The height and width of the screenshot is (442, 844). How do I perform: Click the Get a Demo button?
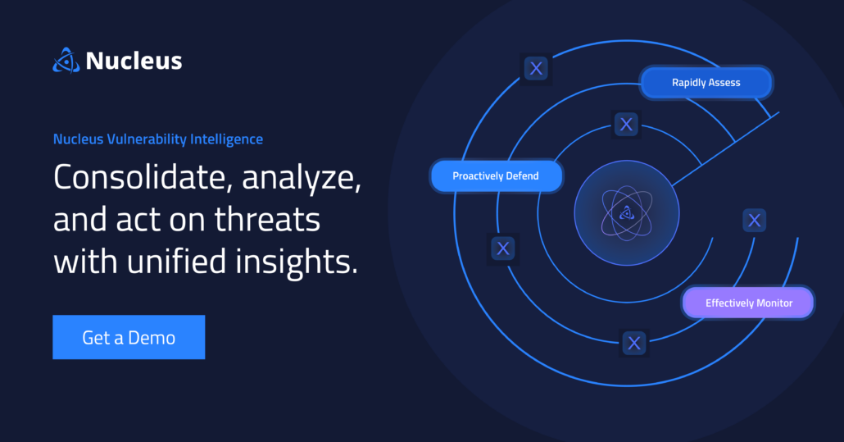pos(129,337)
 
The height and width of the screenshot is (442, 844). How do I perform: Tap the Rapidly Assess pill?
pos(706,83)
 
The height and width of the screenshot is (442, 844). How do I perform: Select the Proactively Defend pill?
pos(497,176)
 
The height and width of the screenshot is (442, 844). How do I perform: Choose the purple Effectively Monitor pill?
pos(748,303)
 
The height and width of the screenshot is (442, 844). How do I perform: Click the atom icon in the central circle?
pos(626,213)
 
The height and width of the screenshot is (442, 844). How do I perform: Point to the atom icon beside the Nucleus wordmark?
pos(66,61)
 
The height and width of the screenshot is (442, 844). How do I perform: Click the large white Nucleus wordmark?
pos(134,61)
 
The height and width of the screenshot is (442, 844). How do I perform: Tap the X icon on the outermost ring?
pos(536,68)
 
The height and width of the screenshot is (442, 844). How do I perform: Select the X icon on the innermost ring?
pos(627,125)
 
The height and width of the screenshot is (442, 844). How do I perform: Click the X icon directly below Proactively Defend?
pos(502,248)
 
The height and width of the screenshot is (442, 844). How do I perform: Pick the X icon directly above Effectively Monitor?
pos(755,220)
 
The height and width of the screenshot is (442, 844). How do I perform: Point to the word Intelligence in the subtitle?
pos(226,139)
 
